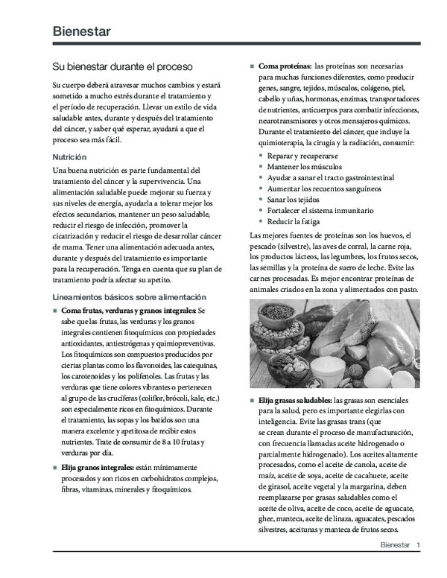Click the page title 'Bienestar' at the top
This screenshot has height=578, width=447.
point(82,31)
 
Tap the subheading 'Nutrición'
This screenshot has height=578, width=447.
point(69,157)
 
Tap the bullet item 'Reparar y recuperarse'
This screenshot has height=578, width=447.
point(302,156)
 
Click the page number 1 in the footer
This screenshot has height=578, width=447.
point(419,545)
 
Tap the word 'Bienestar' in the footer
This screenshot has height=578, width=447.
point(395,545)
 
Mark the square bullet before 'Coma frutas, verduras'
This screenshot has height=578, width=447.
point(55,310)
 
